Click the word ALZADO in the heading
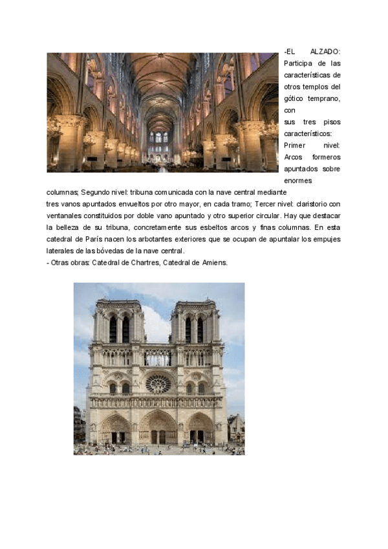point(325,51)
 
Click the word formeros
point(327,157)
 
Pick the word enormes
point(298,181)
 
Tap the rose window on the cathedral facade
point(158,383)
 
